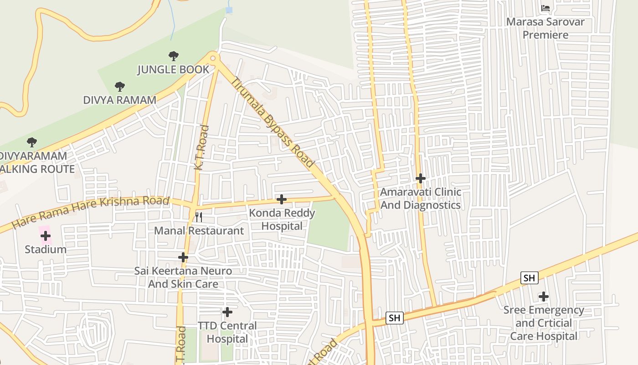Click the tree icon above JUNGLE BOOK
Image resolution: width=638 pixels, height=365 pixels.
(173, 56)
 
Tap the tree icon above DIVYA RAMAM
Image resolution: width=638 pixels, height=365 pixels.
(119, 86)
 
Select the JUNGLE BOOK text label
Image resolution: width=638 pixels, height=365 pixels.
(173, 69)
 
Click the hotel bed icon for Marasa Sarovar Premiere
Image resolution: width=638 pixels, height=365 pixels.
(545, 8)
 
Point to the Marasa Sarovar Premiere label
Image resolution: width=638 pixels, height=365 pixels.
(545, 28)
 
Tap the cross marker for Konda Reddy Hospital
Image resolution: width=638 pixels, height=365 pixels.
(282, 199)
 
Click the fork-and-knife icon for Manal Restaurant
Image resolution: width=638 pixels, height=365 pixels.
(198, 217)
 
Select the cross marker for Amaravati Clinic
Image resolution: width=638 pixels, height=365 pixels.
(421, 178)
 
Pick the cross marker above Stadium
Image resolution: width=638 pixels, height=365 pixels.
(46, 236)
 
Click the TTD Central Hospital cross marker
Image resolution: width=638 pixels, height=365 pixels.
(227, 312)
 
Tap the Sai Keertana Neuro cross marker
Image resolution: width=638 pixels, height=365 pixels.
(183, 257)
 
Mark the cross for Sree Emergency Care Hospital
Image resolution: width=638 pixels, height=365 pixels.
(543, 297)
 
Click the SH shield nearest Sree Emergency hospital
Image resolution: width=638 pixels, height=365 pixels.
(529, 278)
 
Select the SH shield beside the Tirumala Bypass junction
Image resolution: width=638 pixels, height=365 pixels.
(394, 318)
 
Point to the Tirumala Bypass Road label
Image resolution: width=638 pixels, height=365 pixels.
(273, 122)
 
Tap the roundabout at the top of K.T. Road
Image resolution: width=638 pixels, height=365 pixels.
(213, 58)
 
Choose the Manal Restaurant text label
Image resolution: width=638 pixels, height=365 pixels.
(199, 230)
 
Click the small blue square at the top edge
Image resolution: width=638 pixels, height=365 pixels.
(229, 10)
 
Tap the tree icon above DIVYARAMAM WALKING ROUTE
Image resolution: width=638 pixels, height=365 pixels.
(31, 142)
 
